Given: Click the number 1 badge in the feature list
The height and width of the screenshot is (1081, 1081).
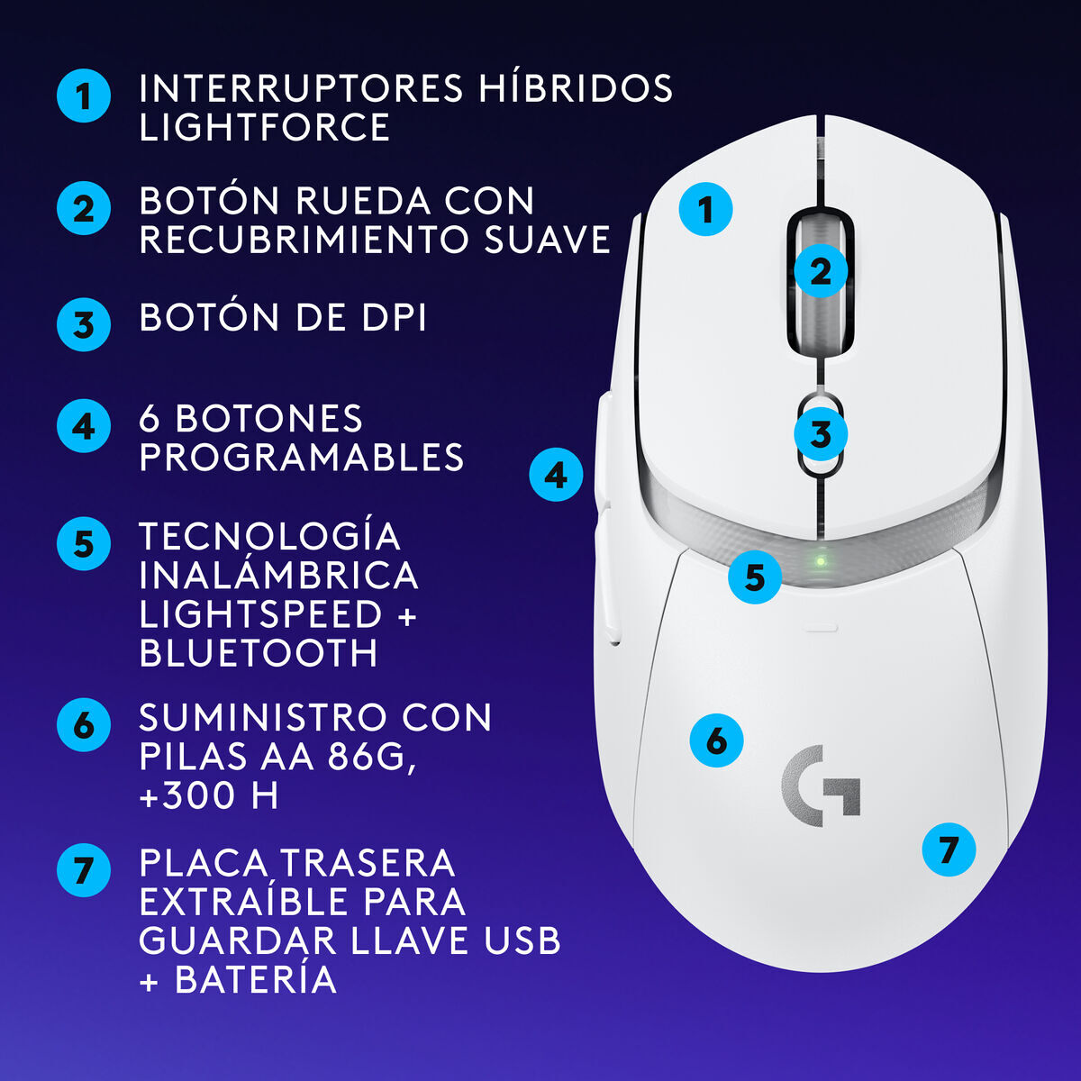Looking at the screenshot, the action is pos(84,95).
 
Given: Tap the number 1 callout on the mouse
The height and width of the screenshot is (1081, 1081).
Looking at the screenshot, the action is pos(705,209).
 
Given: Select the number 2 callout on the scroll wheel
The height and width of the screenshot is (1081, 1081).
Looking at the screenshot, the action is pos(821,271).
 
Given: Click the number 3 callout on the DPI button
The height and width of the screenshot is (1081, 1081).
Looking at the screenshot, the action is pos(821,433).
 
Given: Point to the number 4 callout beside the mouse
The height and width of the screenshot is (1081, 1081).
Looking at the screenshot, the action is pos(556,475).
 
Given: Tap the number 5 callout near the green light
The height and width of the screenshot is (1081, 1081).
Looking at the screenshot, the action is pos(755,577).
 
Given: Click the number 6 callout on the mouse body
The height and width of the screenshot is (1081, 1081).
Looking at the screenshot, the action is pos(716,740).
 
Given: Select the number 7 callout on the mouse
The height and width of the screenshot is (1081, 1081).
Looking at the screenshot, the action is pos(949,849).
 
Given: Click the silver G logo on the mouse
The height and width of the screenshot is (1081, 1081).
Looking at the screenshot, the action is pos(820,786).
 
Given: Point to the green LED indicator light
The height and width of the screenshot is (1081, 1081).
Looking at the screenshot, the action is pos(821,560).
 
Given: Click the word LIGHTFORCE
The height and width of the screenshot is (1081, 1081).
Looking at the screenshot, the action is pos(264,127).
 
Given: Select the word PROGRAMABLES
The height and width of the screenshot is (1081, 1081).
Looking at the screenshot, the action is pos(302,458).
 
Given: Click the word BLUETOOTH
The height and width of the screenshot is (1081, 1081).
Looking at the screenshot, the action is pos(259,652).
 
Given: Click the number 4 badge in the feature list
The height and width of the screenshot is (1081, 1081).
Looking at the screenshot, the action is pos(84,426).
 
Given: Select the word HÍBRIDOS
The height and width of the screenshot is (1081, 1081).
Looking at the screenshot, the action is pos(576,86).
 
